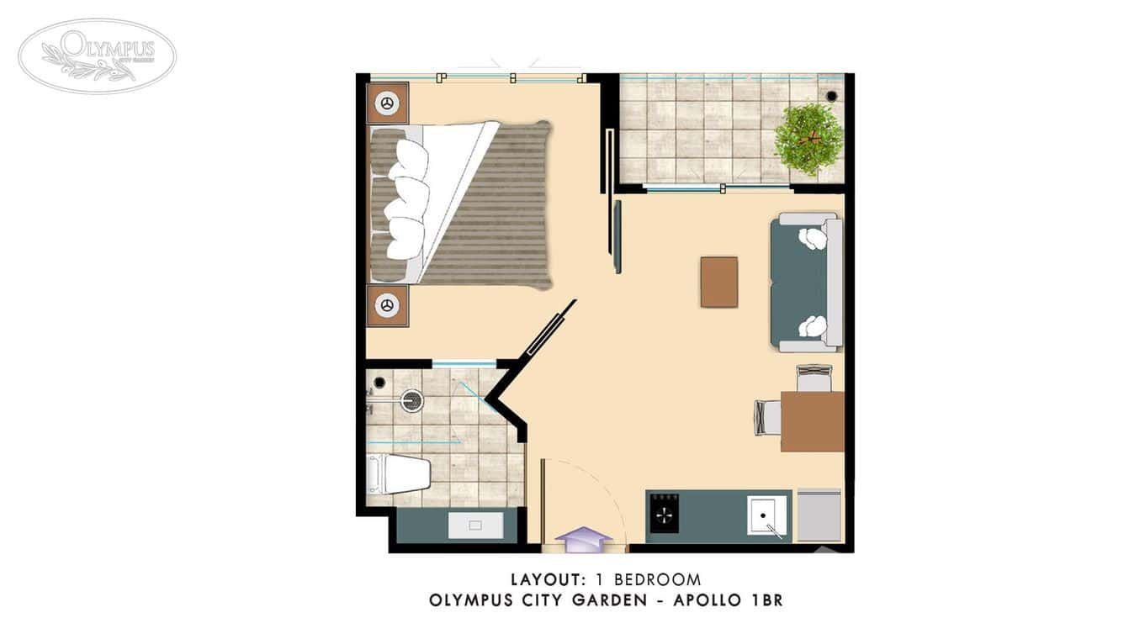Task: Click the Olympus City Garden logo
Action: [x=97, y=55]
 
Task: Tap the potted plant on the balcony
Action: [x=808, y=139]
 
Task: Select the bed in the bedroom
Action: [x=460, y=204]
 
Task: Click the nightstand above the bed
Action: [x=388, y=103]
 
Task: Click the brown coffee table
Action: [x=719, y=282]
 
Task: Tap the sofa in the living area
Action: [x=805, y=283]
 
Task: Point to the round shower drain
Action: [x=411, y=399]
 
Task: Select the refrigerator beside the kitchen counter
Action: [x=819, y=515]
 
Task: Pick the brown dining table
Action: [x=812, y=421]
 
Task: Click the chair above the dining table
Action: [x=814, y=378]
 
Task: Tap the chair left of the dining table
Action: [x=768, y=417]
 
